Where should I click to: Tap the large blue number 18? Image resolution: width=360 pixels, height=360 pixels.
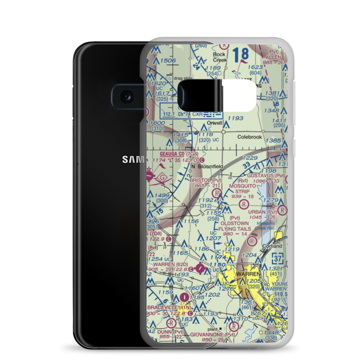240,55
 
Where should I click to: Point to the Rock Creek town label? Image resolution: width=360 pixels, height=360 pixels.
219,57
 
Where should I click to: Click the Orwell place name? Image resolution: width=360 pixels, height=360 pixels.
215,123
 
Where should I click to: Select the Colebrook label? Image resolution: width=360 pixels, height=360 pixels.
250,137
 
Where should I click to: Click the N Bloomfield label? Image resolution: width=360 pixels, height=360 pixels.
207,166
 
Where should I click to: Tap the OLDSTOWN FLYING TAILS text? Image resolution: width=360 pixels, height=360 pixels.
235,226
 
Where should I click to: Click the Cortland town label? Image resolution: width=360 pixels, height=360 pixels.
272,246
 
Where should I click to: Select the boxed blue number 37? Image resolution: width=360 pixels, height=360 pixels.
278,258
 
